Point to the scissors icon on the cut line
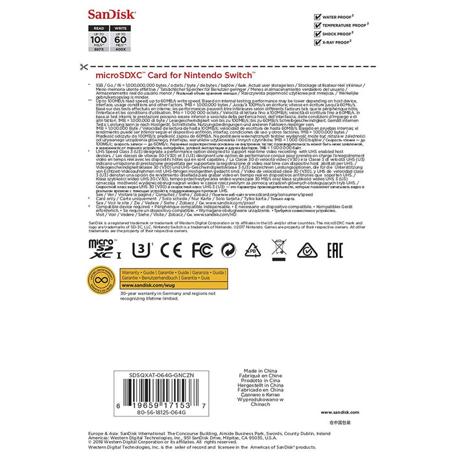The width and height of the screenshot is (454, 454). (83, 67)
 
